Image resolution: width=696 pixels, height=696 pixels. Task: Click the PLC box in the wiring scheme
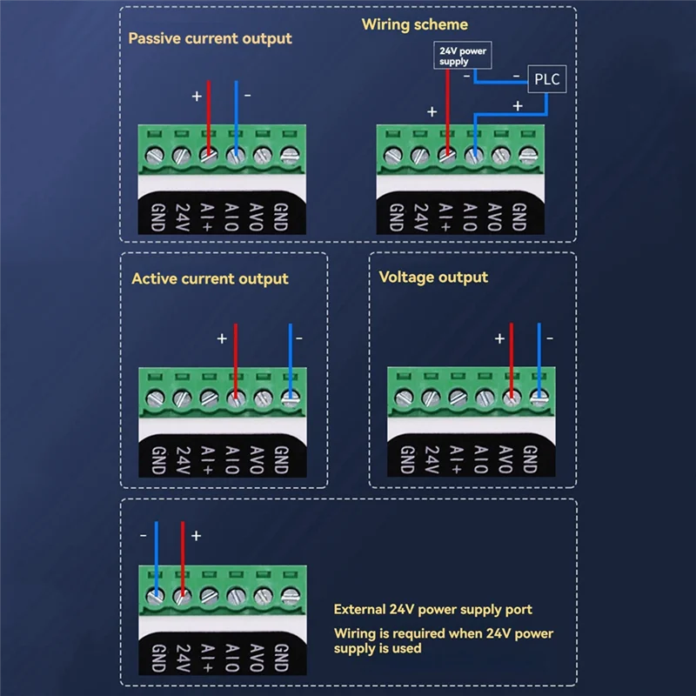pyautogui.click(x=547, y=79)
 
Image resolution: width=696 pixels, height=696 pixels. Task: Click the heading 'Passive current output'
pyautogui.click(x=210, y=38)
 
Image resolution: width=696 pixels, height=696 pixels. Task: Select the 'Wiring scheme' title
pyautogui.click(x=414, y=24)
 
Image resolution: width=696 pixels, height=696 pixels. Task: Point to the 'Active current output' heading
pyautogui.click(x=210, y=278)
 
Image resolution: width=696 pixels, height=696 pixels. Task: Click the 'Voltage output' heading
pyautogui.click(x=433, y=277)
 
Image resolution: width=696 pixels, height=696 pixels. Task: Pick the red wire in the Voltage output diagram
pyautogui.click(x=512, y=357)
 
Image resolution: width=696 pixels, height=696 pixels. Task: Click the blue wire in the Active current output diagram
pyautogui.click(x=291, y=361)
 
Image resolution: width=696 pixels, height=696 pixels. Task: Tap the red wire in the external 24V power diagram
pyautogui.click(x=182, y=557)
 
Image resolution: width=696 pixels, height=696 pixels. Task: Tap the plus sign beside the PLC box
pyautogui.click(x=519, y=105)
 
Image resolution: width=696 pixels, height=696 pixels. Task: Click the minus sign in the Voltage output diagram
pyautogui.click(x=549, y=338)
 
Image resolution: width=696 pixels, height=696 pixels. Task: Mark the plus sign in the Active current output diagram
pyautogui.click(x=222, y=338)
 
